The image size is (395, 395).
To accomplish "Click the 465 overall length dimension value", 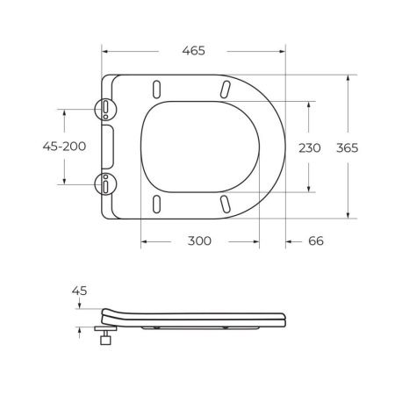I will pos(193,51).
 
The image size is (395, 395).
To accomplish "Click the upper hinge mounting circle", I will pos(104,107).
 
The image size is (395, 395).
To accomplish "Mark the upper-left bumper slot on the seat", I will pos(157,89).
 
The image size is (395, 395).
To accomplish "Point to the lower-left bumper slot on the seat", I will pos(157,203).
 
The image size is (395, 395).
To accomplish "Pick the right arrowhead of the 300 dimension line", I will pos(257,241).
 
